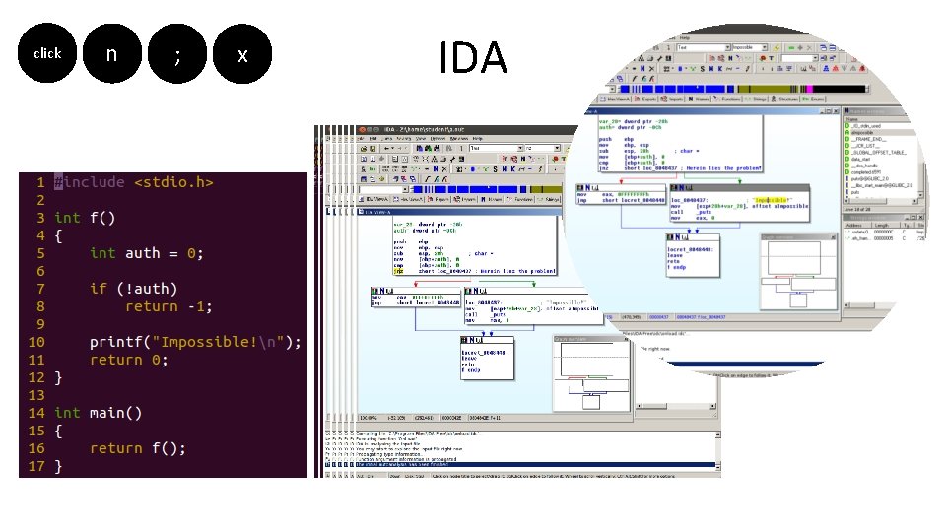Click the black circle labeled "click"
tap(46, 54)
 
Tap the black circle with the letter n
tap(111, 54)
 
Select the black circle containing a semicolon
tap(177, 54)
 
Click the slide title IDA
tap(473, 57)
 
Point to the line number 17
tap(35, 466)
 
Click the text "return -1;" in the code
tap(169, 306)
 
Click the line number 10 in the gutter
tap(35, 342)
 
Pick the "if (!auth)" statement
tap(133, 289)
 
